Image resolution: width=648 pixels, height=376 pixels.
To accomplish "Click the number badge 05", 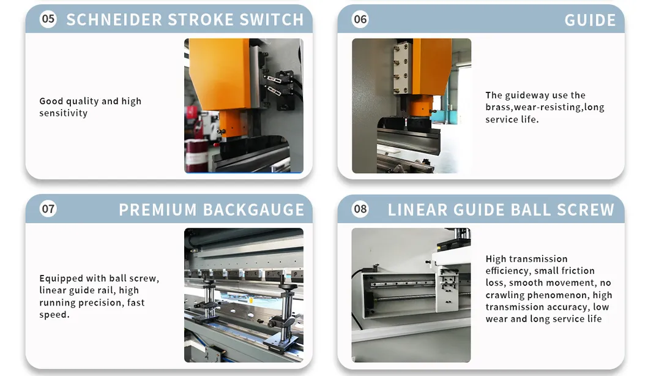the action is (x=48, y=19).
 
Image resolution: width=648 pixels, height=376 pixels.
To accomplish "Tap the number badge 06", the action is (x=360, y=19).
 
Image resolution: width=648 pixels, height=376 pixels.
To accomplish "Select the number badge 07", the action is (x=48, y=208).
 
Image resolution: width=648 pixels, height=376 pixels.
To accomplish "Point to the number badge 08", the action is (x=360, y=208).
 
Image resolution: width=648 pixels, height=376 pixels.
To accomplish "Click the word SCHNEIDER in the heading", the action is (x=114, y=20).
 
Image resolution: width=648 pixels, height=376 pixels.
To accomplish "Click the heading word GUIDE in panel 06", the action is (x=590, y=20).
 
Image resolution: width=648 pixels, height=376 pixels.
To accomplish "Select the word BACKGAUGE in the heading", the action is (x=254, y=209).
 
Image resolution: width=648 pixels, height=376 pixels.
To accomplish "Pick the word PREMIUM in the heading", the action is (x=158, y=209).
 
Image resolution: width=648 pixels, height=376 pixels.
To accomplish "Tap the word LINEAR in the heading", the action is (x=417, y=209).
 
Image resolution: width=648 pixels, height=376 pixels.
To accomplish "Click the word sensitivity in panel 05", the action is (x=63, y=113).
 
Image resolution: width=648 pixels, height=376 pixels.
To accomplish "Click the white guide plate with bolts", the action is (x=402, y=67).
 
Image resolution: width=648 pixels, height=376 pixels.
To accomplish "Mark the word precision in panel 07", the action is (x=100, y=303).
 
